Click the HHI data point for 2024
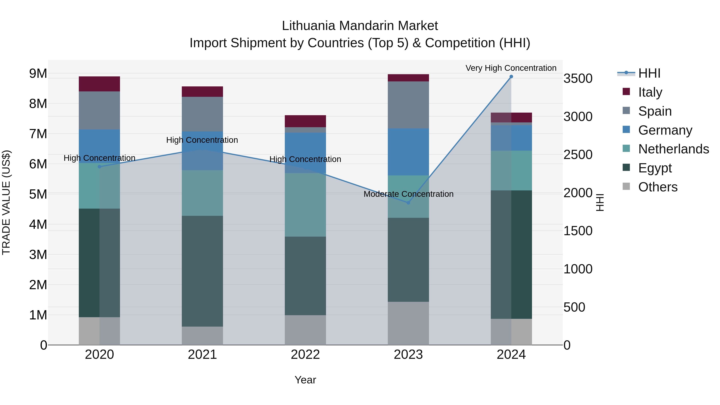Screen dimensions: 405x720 click(x=511, y=77)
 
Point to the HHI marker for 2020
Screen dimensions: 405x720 click(x=100, y=167)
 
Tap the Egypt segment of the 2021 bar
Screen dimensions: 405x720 click(x=202, y=271)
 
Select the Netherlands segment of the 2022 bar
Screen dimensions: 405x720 click(x=305, y=205)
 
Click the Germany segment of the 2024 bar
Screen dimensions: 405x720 click(x=511, y=138)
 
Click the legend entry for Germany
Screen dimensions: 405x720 click(x=665, y=130)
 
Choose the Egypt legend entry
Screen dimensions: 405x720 click(x=655, y=168)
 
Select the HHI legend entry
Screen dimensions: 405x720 click(x=649, y=73)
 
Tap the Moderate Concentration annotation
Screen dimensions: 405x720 click(x=408, y=194)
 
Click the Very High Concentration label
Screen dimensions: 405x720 click(x=511, y=68)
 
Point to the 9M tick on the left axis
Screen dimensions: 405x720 click(x=38, y=74)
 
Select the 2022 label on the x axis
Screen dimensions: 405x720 click(x=305, y=355)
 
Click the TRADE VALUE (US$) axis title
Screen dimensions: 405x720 click(x=6, y=202)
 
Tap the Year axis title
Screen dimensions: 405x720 click(x=305, y=380)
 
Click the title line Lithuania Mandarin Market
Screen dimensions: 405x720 click(x=360, y=26)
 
